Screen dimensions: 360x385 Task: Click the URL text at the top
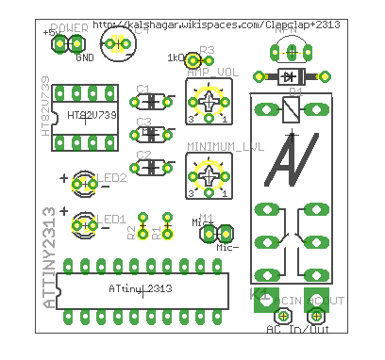216,22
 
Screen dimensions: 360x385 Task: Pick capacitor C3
152,133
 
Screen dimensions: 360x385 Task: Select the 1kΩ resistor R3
193,57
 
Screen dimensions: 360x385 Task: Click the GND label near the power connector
84,57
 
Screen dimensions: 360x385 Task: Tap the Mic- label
227,247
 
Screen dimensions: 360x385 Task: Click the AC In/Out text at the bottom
297,330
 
